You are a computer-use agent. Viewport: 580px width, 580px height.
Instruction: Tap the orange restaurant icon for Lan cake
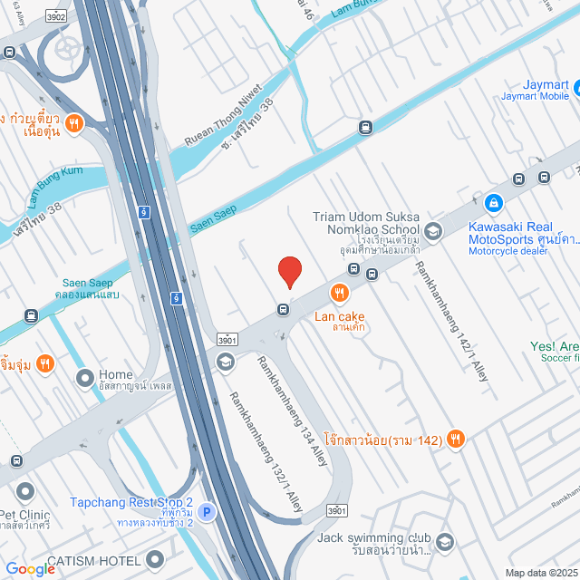click(340, 292)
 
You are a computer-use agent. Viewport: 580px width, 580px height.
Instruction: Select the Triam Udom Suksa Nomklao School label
click(366, 224)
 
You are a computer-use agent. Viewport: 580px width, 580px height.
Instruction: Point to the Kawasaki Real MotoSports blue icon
click(493, 203)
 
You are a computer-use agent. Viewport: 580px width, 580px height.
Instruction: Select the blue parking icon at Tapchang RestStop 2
click(207, 513)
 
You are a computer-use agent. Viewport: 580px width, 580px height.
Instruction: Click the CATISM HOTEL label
click(94, 561)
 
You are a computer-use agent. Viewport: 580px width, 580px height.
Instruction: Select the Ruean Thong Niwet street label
click(222, 116)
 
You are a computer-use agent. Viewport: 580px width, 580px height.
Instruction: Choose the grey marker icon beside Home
click(85, 376)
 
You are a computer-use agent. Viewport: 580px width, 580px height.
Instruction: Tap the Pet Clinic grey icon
click(23, 492)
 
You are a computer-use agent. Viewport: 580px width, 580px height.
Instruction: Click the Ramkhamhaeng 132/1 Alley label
click(265, 451)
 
